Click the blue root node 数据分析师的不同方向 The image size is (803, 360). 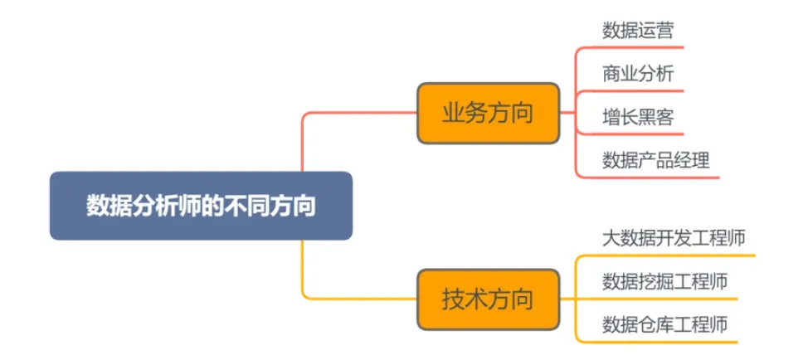pyautogui.click(x=201, y=206)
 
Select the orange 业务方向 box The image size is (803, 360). pyautogui.click(x=487, y=113)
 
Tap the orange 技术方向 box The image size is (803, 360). pyautogui.click(x=487, y=299)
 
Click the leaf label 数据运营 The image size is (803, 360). pyautogui.click(x=637, y=31)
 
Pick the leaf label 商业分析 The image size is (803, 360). pyautogui.click(x=637, y=74)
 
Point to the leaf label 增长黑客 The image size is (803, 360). pyautogui.click(x=637, y=117)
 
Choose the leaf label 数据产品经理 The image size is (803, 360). pyautogui.click(x=655, y=160)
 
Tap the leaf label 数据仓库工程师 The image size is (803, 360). pyautogui.click(x=664, y=324)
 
